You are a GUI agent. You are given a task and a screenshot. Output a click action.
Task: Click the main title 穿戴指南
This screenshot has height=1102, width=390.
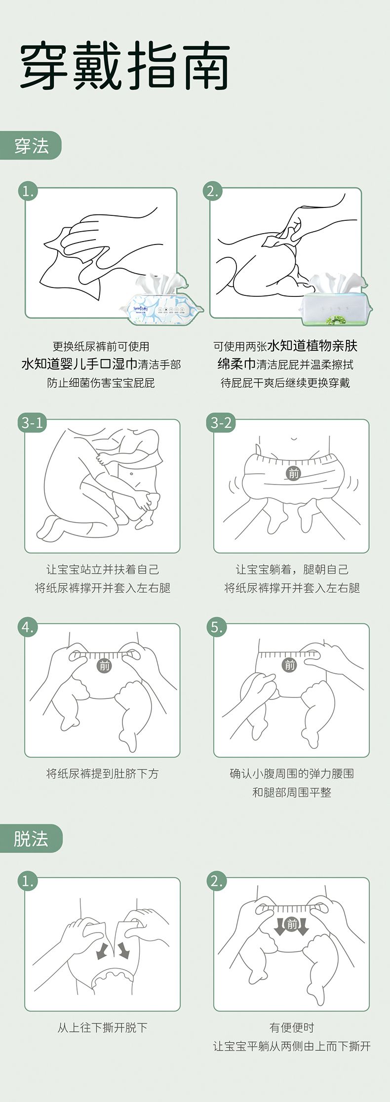[x=125, y=66]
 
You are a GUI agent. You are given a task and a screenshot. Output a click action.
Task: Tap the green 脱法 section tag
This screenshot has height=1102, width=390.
[x=31, y=838]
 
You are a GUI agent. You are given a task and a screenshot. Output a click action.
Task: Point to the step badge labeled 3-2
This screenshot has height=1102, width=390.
[x=221, y=423]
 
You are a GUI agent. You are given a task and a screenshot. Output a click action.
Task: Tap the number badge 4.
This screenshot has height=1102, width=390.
[x=28, y=627]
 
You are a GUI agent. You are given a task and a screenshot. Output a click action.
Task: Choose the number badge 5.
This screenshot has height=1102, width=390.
[x=217, y=627]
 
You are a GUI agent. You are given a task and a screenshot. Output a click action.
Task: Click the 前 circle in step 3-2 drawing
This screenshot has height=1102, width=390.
[x=294, y=473]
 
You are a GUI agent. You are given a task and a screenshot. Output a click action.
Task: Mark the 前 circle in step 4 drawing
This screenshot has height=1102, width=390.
[x=105, y=666]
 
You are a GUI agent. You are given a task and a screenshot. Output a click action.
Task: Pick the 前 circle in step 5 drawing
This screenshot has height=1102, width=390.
[x=290, y=665]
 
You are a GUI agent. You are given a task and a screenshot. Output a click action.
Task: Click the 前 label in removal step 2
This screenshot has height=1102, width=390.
[x=292, y=924]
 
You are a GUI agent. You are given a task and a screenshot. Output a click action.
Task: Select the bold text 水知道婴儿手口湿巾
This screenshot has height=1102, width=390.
[x=79, y=365]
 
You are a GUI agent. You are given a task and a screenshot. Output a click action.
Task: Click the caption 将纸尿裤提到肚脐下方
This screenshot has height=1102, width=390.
[x=103, y=774]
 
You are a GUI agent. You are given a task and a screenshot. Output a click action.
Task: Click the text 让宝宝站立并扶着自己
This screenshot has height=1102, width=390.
[x=103, y=570]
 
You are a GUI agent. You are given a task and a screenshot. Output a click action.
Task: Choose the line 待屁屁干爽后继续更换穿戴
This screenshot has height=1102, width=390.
[x=285, y=383]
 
